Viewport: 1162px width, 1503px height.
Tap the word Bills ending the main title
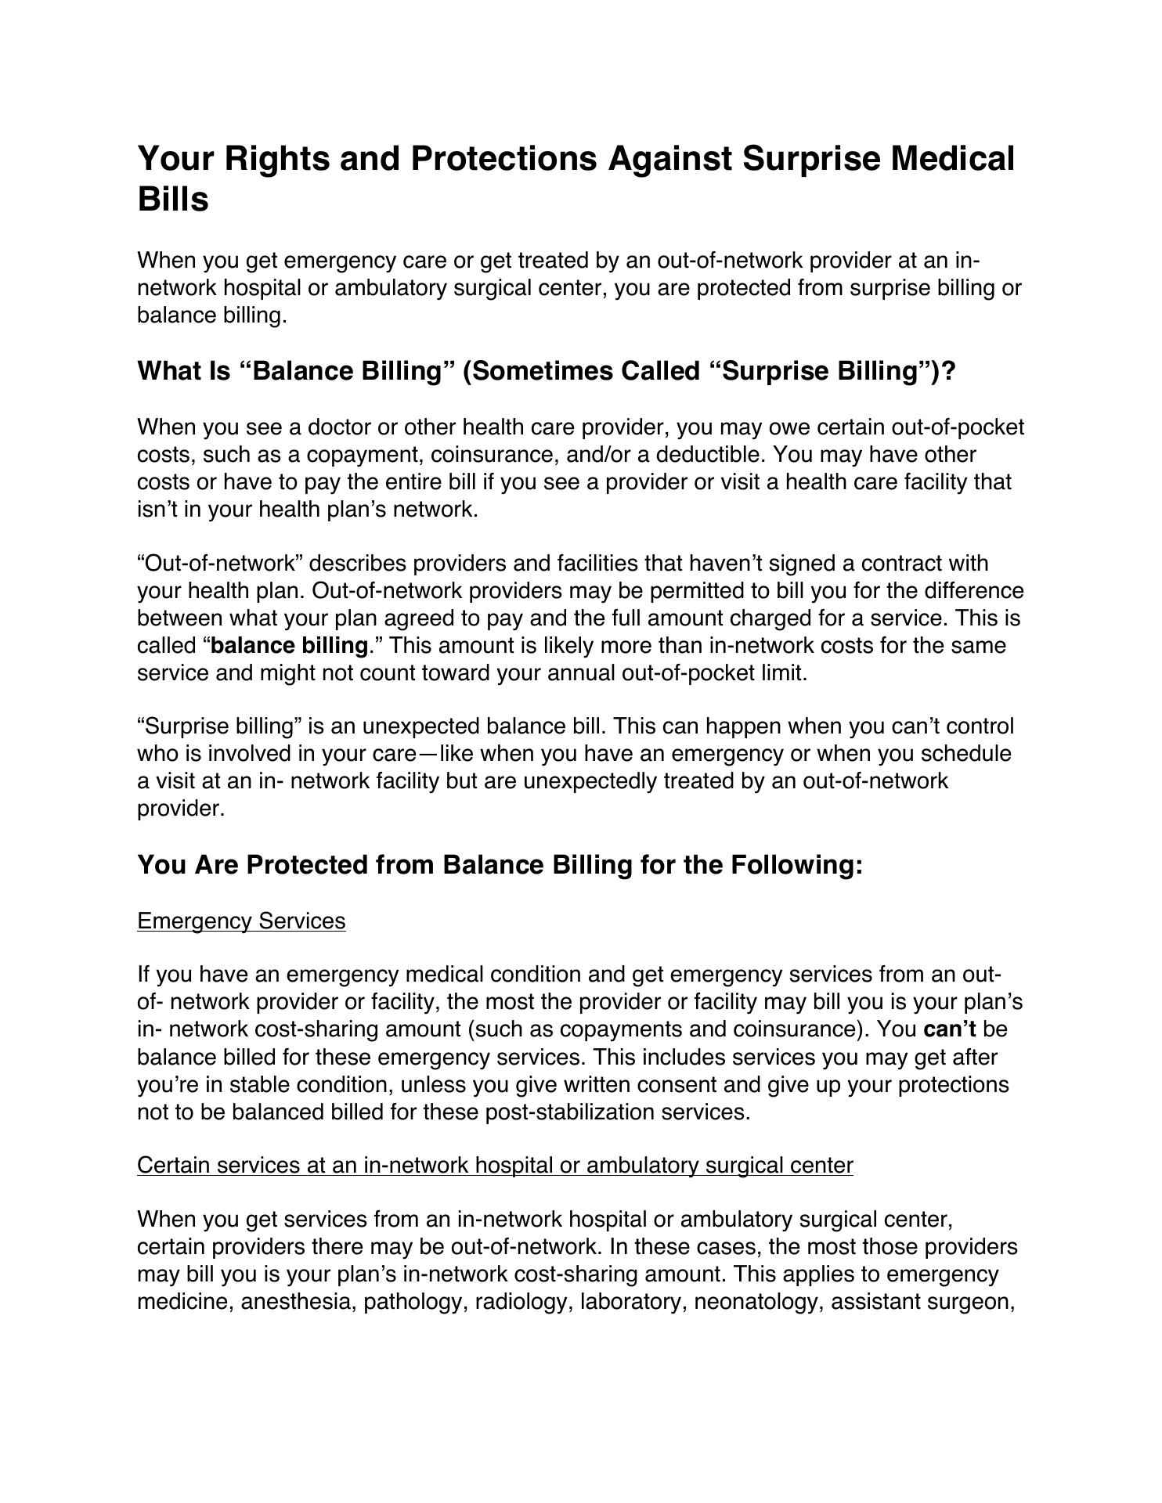(173, 200)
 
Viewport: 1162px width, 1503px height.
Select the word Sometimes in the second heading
(538, 371)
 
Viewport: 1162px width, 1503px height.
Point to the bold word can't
(949, 1029)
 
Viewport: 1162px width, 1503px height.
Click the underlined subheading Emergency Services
(241, 921)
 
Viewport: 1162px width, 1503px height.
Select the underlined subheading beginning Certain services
(495, 1166)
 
